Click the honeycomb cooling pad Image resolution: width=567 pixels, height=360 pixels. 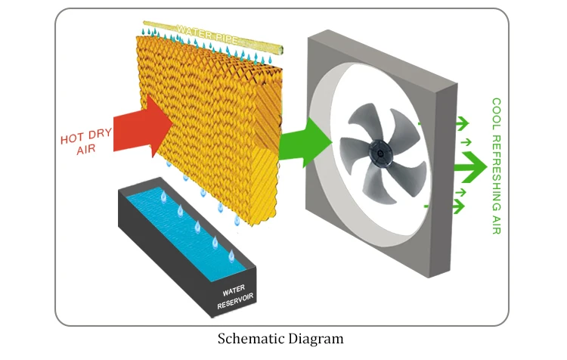219,121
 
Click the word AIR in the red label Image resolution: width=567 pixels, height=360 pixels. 88,151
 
